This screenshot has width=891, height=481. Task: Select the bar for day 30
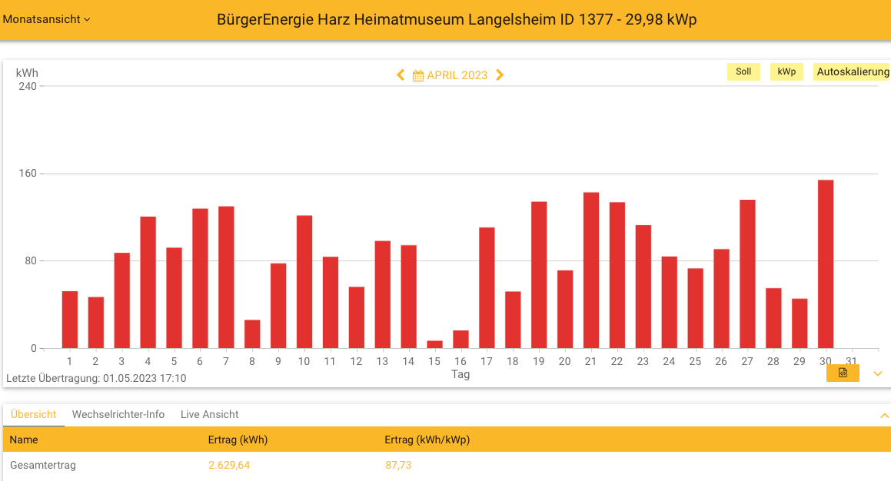[826, 264]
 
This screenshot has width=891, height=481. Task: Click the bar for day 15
[434, 345]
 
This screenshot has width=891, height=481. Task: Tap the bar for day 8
[252, 334]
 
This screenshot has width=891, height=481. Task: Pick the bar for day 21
[591, 270]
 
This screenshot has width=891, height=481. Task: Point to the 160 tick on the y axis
[28, 174]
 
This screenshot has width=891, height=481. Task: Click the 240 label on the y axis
[28, 86]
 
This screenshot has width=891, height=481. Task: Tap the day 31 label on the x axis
[851, 361]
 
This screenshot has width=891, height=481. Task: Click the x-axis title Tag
[460, 374]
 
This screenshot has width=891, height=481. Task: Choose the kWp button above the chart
[786, 71]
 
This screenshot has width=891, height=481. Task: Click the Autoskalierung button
[853, 71]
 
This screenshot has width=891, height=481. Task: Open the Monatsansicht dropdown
[47, 19]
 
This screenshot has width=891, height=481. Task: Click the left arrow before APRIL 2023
[401, 75]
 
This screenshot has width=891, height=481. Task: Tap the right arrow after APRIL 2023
[500, 75]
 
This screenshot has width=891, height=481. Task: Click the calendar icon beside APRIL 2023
[418, 75]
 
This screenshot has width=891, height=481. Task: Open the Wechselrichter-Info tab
[118, 414]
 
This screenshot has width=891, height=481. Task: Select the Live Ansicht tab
[209, 414]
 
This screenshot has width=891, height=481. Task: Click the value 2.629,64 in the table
[229, 465]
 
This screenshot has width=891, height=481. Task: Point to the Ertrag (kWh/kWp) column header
[427, 440]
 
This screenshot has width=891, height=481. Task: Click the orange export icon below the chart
[843, 373]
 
